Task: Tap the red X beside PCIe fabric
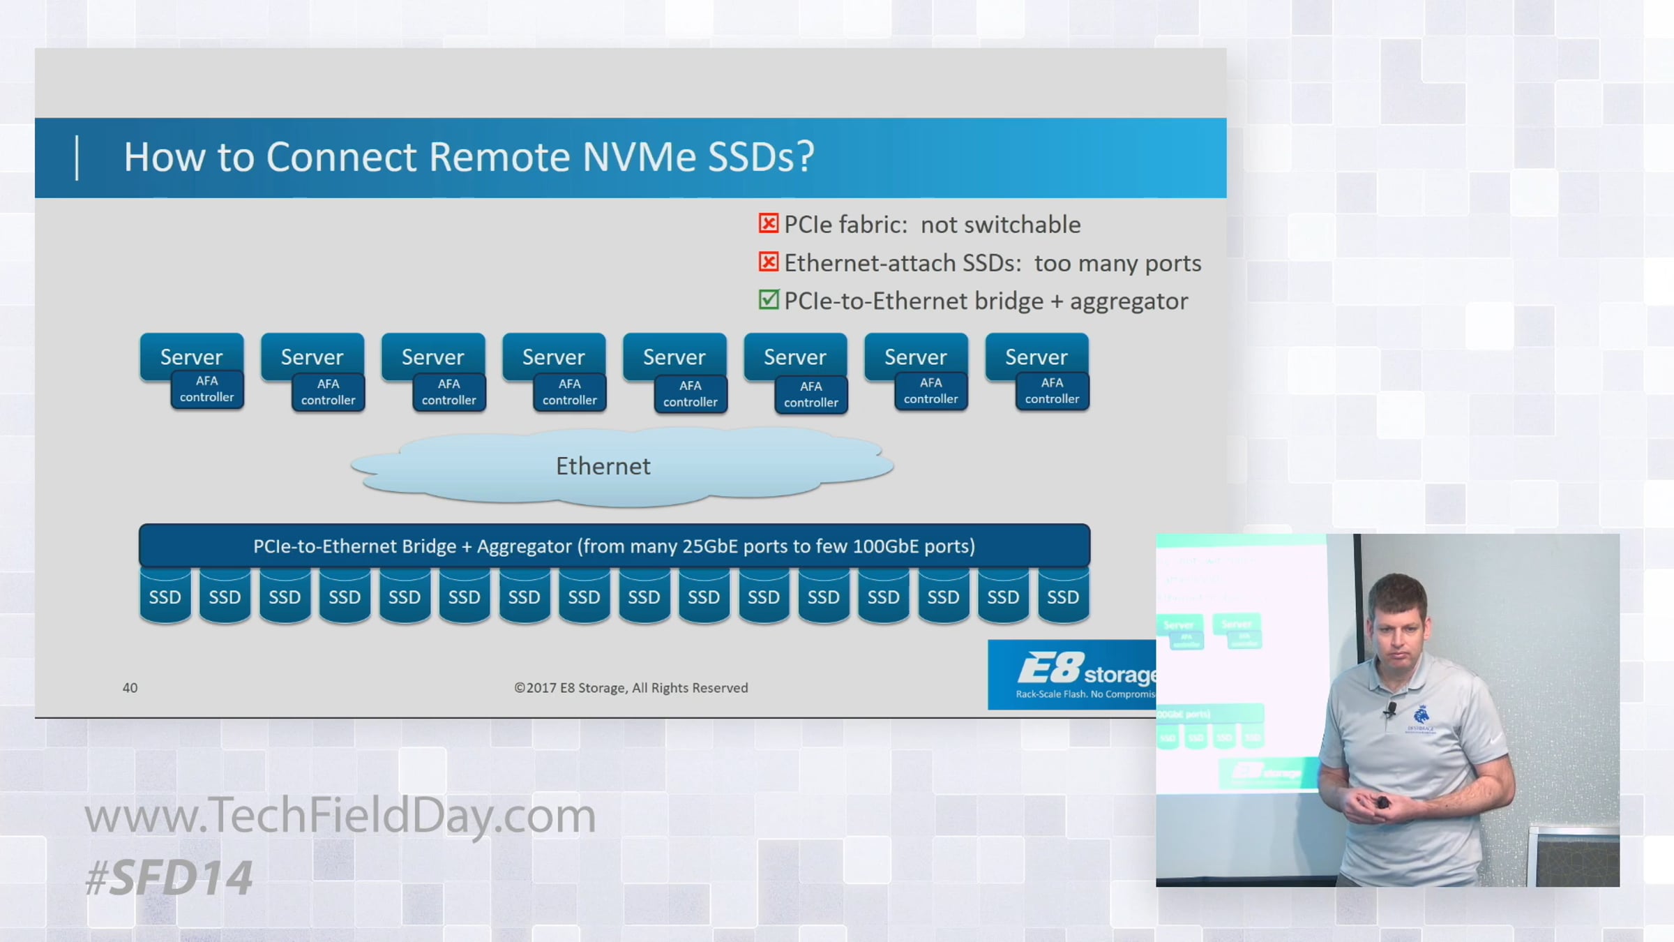tap(768, 223)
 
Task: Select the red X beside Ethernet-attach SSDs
tap(768, 262)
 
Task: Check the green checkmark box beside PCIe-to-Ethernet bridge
tap(768, 300)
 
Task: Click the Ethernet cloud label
tap(603, 466)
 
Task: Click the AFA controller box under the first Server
tap(207, 389)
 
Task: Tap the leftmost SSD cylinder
tap(165, 597)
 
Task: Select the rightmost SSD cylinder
tap(1062, 597)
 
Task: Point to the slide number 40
tap(130, 688)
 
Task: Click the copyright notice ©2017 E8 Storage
tap(631, 688)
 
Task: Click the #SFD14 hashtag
tap(169, 878)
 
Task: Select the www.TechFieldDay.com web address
tap(340, 815)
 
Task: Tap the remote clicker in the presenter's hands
tap(1382, 803)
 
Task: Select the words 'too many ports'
tap(1117, 263)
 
